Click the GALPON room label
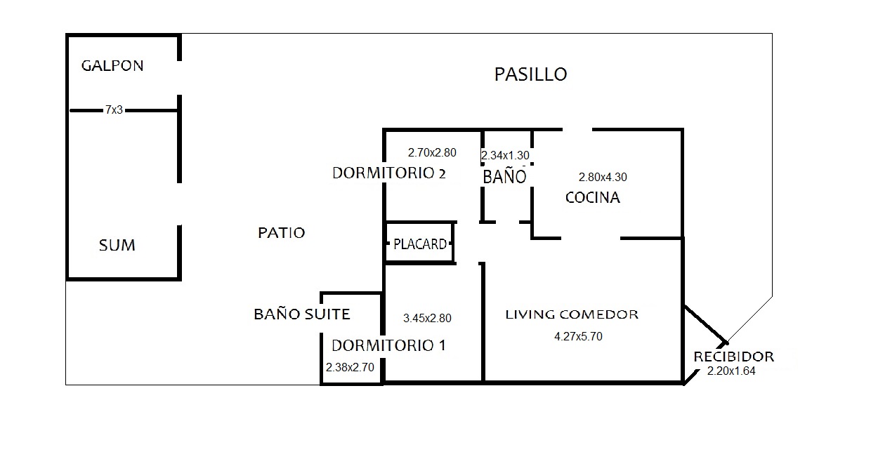coord(112,66)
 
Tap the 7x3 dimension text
coord(114,110)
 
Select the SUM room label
coord(117,246)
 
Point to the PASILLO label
coord(530,74)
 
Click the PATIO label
coord(282,233)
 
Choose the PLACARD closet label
coord(420,244)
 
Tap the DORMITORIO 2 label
coord(388,173)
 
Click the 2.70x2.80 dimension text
coord(432,152)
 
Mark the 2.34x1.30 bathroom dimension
coord(505,156)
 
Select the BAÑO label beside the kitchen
coord(504,176)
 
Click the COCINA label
coord(593,198)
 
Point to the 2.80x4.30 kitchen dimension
coord(603,178)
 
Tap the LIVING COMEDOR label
coord(572,314)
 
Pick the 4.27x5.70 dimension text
coord(578,336)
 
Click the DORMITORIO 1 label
coord(388,345)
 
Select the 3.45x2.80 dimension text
coord(427,318)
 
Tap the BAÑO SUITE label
coord(301,314)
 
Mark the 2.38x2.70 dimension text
coord(350,366)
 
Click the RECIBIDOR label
coord(733,357)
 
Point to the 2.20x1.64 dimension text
coord(731,372)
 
